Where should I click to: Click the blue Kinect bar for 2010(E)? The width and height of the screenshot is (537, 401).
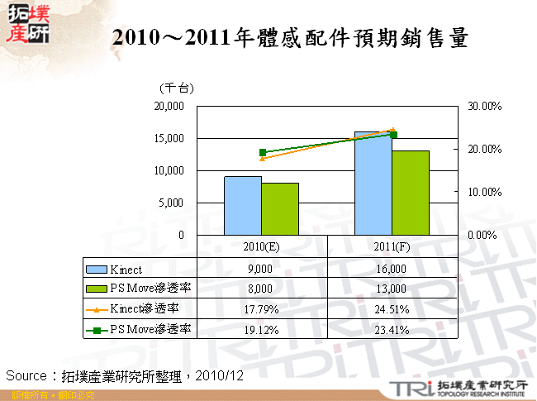pyautogui.click(x=243, y=206)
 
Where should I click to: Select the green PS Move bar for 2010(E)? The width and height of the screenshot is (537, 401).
pyautogui.click(x=280, y=209)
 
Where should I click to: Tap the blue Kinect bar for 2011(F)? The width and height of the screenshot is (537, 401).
pyautogui.click(x=373, y=184)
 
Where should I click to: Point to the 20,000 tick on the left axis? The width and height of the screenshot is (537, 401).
pyautogui.click(x=169, y=107)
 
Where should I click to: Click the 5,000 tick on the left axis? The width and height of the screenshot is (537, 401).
pyautogui.click(x=172, y=203)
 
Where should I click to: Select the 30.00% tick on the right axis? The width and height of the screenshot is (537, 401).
pyautogui.click(x=486, y=107)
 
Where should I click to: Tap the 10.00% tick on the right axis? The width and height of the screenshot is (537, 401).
pyautogui.click(x=486, y=192)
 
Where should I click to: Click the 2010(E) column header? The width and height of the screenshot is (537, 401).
pyautogui.click(x=262, y=246)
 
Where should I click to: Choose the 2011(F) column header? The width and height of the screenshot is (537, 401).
pyautogui.click(x=392, y=246)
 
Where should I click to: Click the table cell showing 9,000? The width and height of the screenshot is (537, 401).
pyautogui.click(x=261, y=269)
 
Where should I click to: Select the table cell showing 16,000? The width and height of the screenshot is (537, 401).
pyautogui.click(x=392, y=269)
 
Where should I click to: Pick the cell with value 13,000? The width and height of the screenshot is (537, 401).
pyautogui.click(x=392, y=289)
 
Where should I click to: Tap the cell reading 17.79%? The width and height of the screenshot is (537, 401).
pyautogui.click(x=261, y=309)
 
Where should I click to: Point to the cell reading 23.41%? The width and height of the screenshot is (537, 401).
pyautogui.click(x=392, y=329)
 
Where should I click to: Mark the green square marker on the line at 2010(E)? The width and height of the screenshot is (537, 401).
pyautogui.click(x=263, y=152)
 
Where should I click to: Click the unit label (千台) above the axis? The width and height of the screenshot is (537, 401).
pyautogui.click(x=176, y=88)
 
